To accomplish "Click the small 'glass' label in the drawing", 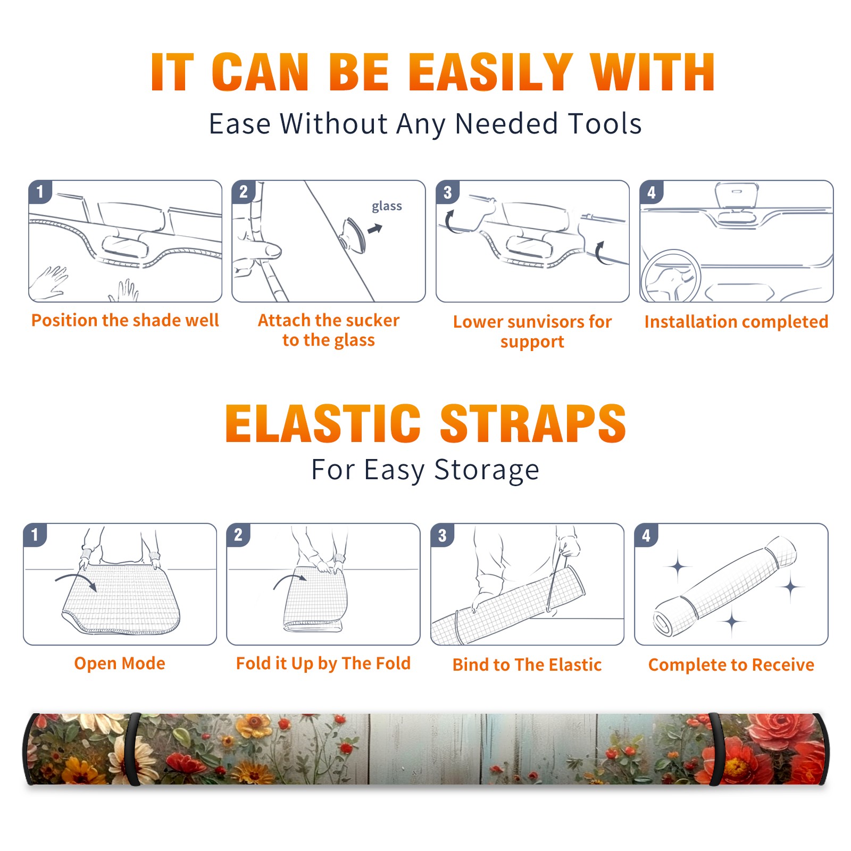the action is pyautogui.click(x=387, y=206).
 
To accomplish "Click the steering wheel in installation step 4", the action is pyautogui.click(x=670, y=277).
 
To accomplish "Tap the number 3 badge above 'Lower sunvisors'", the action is pyautogui.click(x=447, y=192).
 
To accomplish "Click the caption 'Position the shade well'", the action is pyautogui.click(x=125, y=320).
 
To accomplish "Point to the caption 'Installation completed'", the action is pyautogui.click(x=736, y=321).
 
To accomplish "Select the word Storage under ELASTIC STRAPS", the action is pyautogui.click(x=487, y=470).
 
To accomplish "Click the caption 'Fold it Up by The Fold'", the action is pyautogui.click(x=323, y=663).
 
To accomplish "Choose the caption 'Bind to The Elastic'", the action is pyautogui.click(x=527, y=664).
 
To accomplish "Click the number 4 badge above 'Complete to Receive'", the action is pyautogui.click(x=646, y=535).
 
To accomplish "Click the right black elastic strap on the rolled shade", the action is pyautogui.click(x=716, y=749).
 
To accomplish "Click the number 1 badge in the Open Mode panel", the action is pyautogui.click(x=35, y=535).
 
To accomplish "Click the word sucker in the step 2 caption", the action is pyautogui.click(x=372, y=320).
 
